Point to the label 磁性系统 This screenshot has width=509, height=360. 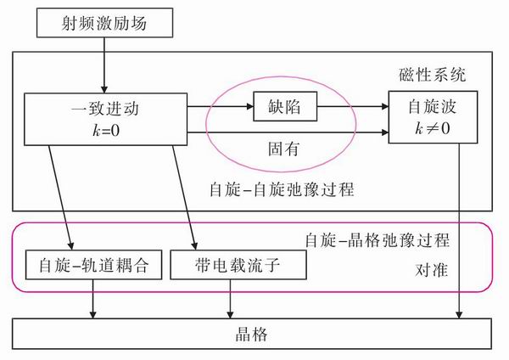click(432, 75)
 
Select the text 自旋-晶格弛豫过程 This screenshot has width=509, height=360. click(376, 240)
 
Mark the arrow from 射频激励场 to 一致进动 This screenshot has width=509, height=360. click(103, 65)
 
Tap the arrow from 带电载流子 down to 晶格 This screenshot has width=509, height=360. click(231, 300)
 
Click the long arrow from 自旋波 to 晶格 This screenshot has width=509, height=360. click(461, 229)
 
